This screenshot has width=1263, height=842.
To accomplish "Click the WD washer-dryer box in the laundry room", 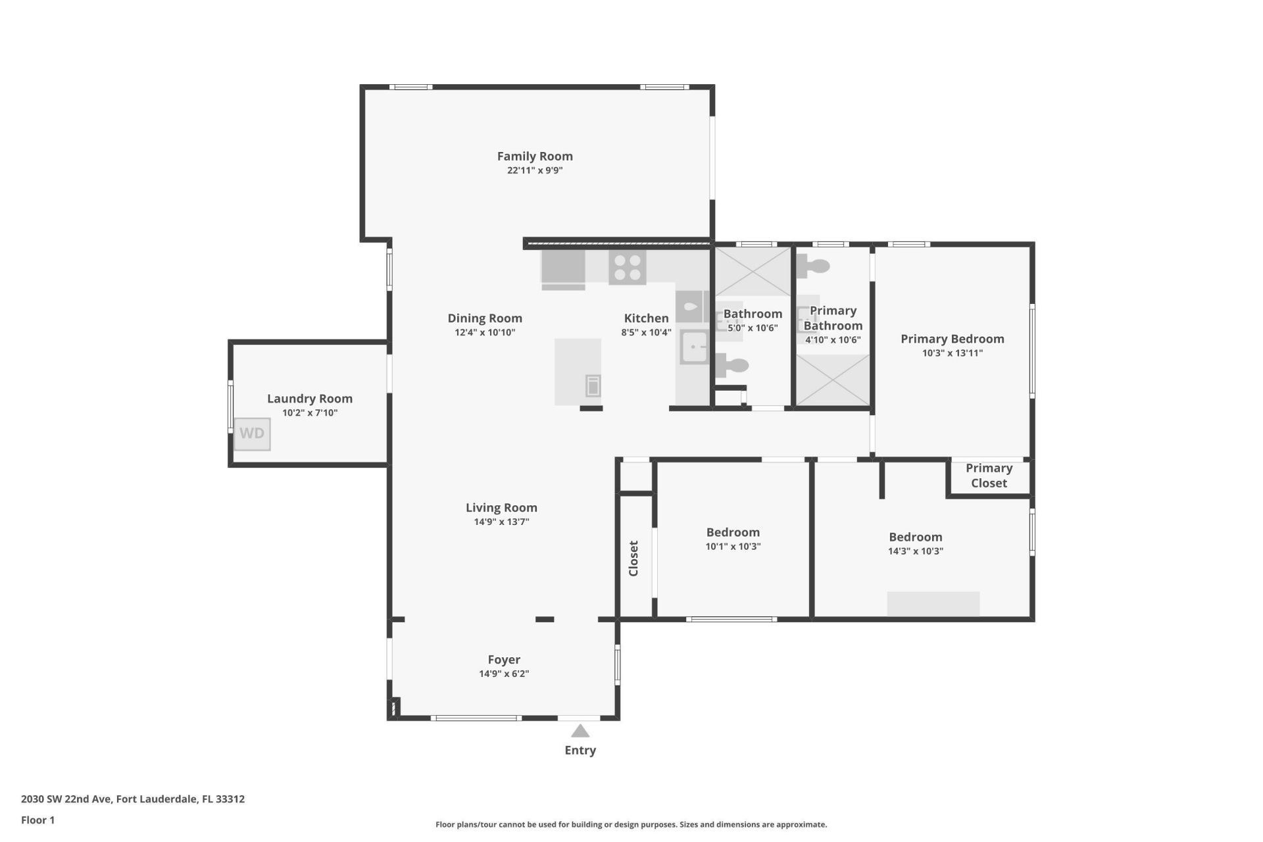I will click(x=252, y=433).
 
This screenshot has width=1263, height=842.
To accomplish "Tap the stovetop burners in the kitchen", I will click(x=627, y=268).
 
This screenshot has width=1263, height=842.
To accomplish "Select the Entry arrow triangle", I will click(x=580, y=731).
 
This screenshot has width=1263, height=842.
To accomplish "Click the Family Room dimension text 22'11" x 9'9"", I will click(x=534, y=170).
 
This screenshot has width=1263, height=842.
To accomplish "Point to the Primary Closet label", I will click(x=989, y=476).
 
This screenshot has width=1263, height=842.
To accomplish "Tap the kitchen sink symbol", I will click(x=693, y=347).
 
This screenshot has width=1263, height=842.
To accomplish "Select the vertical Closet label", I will click(x=633, y=558).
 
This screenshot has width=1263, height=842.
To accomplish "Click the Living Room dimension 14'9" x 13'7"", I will click(x=501, y=522).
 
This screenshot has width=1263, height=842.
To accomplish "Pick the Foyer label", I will click(x=504, y=659).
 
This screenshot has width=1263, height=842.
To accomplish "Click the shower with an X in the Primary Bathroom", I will click(x=833, y=380).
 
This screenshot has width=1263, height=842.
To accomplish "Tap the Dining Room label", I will click(x=485, y=318).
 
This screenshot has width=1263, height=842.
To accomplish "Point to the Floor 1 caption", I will click(x=37, y=820).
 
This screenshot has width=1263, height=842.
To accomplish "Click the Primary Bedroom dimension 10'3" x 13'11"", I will click(x=952, y=353).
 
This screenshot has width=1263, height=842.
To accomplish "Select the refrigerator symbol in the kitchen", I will click(x=563, y=269).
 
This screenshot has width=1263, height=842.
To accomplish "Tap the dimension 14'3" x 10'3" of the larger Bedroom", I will click(x=915, y=551).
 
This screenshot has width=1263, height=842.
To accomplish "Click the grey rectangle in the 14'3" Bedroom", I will click(x=933, y=604).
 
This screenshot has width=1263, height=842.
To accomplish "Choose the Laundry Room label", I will click(x=309, y=399).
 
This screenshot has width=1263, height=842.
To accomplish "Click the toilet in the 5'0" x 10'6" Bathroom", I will click(x=733, y=365).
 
